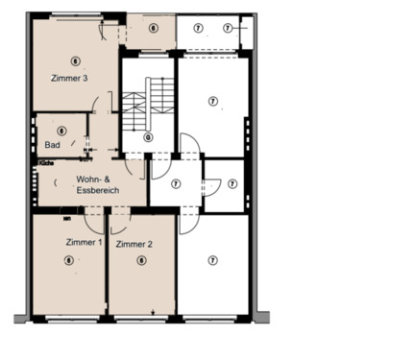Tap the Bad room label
click(52, 145)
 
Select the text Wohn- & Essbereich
click(97, 184)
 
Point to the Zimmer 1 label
click(84, 242)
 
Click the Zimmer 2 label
click(134, 245)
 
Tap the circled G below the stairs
click(148, 137)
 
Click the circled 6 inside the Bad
click(62, 131)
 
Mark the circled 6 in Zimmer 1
click(68, 259)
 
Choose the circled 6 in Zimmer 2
click(141, 259)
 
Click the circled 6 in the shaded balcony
click(154, 28)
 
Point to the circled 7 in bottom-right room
click(213, 260)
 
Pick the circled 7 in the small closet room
click(232, 182)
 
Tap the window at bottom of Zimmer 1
click(69, 317)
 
